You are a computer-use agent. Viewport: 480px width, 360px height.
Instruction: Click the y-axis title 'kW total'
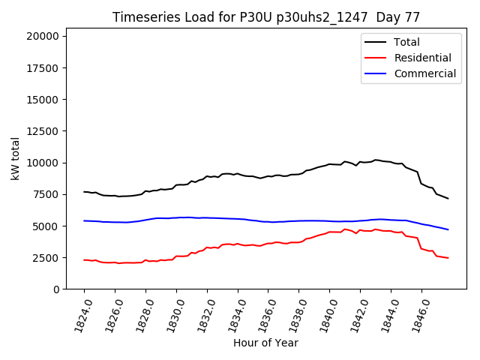pos(16,158)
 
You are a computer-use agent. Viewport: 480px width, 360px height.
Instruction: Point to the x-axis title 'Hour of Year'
pos(265,343)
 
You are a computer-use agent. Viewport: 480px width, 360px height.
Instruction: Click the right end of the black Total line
pos(448,198)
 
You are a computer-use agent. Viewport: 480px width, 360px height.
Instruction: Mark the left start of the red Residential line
pos(84,259)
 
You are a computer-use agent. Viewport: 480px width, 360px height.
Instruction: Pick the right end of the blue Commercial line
pos(448,229)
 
